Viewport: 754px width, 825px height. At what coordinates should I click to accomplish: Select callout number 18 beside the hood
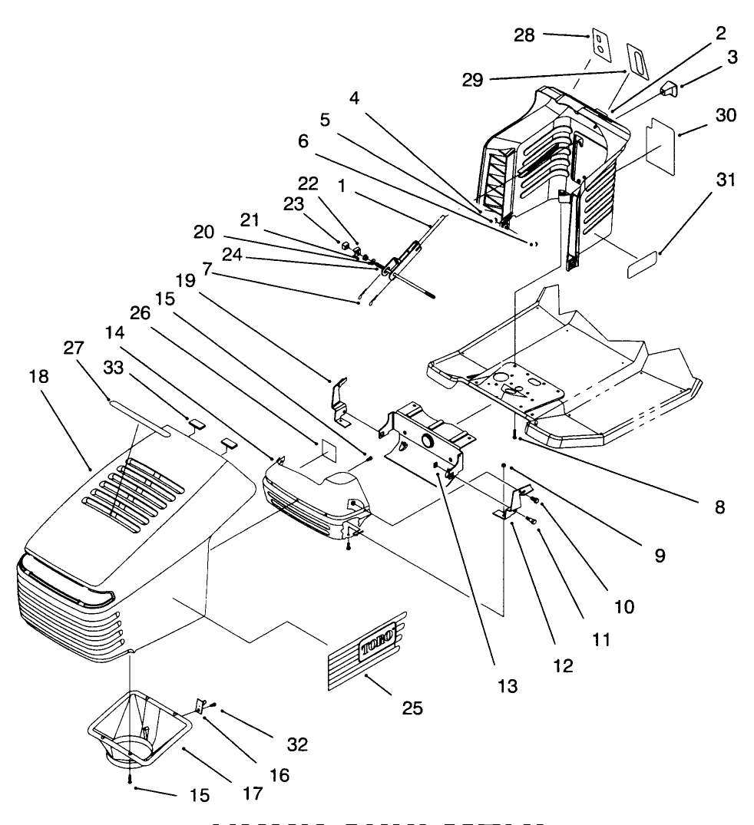point(38,376)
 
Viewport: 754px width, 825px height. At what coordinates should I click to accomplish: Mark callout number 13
point(507,685)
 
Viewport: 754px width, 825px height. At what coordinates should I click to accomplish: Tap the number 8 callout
point(718,507)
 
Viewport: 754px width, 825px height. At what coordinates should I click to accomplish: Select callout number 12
point(563,665)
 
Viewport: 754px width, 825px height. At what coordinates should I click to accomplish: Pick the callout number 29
point(472,80)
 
